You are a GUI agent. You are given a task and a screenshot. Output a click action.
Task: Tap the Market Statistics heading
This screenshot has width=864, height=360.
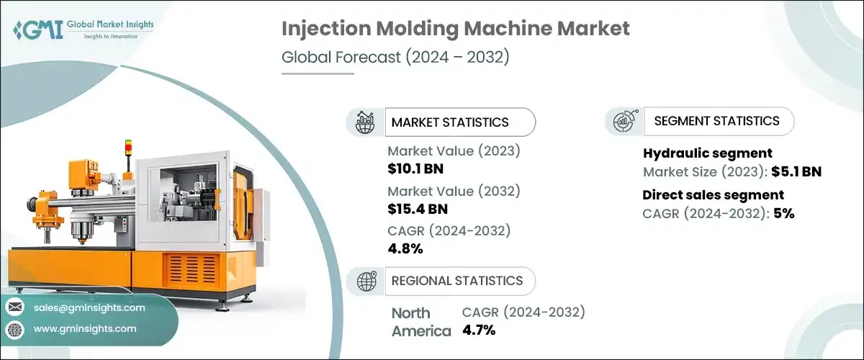coord(449,122)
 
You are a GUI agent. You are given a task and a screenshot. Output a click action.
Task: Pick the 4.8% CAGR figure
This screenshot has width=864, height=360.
coord(405,248)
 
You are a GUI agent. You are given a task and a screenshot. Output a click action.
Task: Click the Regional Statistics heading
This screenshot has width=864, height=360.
coord(456,281)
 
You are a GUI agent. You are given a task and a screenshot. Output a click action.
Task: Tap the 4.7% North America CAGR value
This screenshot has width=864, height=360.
coord(478,330)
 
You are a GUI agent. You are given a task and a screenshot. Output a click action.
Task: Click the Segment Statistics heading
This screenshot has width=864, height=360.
coord(716,121)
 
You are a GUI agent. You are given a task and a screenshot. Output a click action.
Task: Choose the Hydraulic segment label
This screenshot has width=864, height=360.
coord(707,153)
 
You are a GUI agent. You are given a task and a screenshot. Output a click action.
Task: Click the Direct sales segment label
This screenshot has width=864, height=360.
coord(713,194)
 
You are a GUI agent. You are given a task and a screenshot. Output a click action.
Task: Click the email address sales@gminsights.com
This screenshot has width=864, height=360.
coord(89,307)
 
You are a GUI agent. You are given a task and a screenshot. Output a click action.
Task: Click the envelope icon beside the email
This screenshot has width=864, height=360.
coord(14,307)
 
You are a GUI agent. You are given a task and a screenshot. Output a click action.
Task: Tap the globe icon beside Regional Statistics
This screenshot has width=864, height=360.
coord(367,281)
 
